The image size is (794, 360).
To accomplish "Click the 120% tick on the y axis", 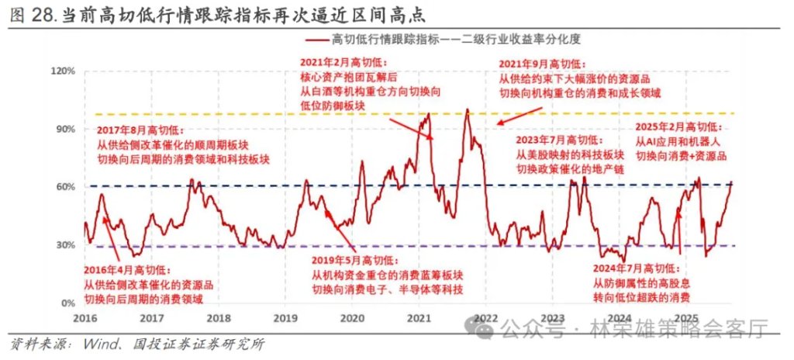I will point(63,71).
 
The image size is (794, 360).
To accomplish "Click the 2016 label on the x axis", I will point(86,318).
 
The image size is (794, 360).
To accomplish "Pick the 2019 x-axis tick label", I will point(285,318).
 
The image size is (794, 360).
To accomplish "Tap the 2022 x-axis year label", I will point(485,318).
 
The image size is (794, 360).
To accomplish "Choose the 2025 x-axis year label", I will point(685,318).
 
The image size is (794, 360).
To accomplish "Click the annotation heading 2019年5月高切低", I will point(353,260).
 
